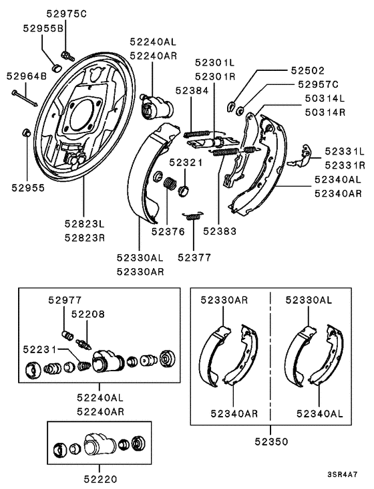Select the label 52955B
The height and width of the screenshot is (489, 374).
(x=43, y=28)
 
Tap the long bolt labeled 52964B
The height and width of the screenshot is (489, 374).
(x=24, y=95)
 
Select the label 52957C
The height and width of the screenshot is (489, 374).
(x=319, y=84)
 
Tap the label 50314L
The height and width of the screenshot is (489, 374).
(x=324, y=99)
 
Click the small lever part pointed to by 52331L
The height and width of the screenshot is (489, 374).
(x=302, y=156)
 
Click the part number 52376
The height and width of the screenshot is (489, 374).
(x=168, y=231)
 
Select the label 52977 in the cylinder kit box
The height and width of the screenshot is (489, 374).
(x=63, y=302)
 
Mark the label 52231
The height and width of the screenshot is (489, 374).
(x=39, y=349)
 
